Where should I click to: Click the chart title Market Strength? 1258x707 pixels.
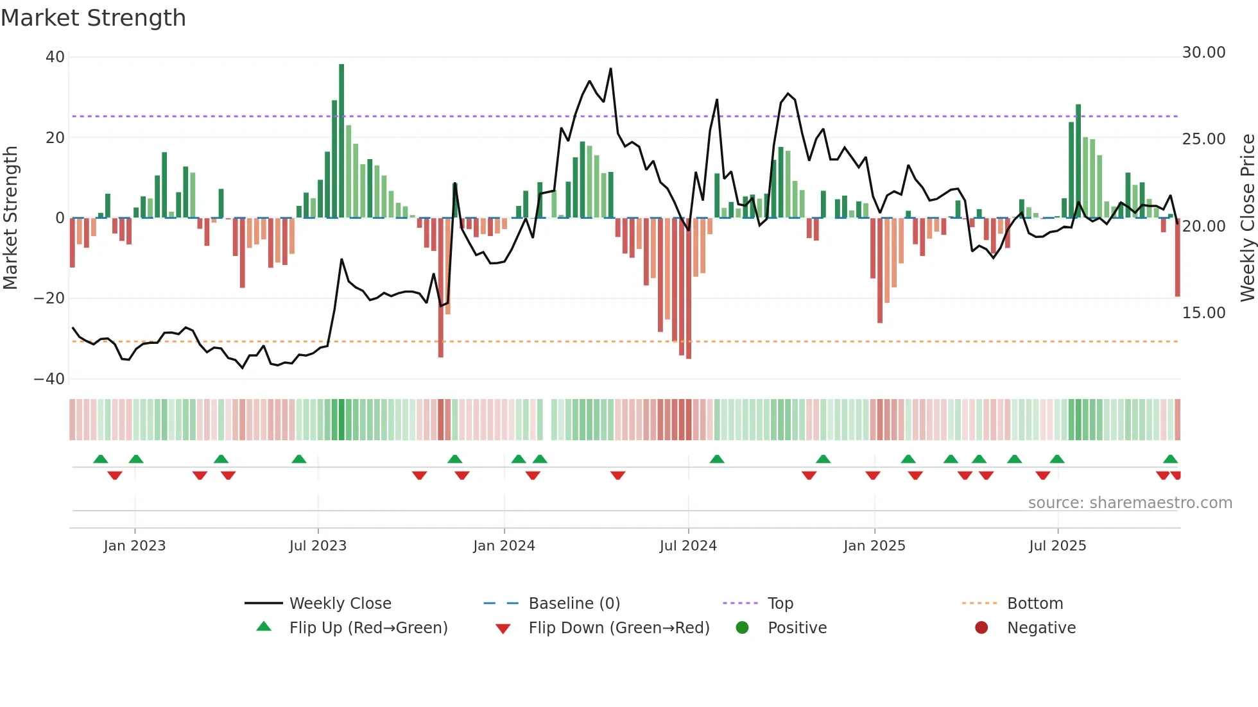tap(93, 18)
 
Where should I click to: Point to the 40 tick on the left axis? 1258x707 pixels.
tap(55, 57)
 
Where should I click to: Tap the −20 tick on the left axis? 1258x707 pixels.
tap(49, 298)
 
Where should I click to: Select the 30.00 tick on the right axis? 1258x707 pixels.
tap(1203, 53)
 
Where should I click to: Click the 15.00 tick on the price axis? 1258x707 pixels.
tap(1203, 313)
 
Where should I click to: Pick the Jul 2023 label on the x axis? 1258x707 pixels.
tap(318, 546)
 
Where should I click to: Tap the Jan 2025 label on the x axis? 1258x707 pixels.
tap(874, 546)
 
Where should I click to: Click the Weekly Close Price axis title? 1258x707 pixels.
tap(1247, 218)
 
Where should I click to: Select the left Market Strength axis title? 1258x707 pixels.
tap(11, 218)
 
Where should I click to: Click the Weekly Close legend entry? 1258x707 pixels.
tap(340, 604)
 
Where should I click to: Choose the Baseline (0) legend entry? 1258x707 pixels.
tap(574, 604)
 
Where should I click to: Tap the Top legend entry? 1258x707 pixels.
tap(780, 604)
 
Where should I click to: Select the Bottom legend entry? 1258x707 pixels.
tap(1035, 604)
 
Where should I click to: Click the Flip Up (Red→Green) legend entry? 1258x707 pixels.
tap(368, 628)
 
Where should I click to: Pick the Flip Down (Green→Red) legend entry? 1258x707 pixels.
tap(619, 628)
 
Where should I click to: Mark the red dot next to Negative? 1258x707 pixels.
tap(981, 628)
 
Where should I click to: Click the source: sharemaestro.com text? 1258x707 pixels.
tap(1130, 503)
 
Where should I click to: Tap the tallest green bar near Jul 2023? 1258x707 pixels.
tap(341, 141)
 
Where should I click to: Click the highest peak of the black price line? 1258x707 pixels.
tap(610, 69)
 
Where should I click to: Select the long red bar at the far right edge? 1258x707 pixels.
tap(1178, 257)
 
